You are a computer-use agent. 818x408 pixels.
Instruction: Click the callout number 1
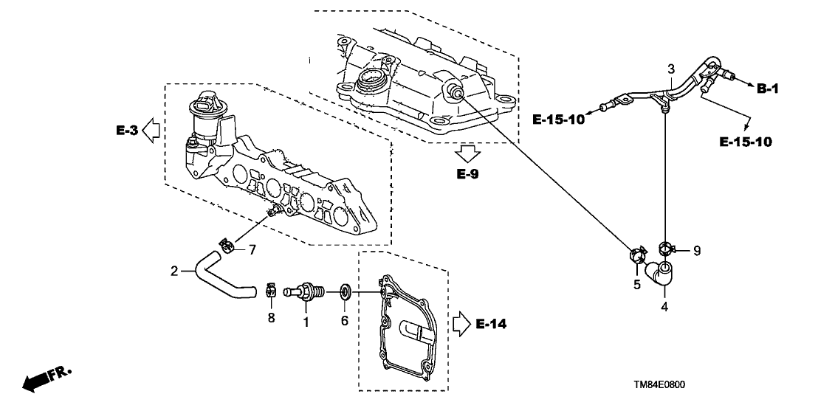305,322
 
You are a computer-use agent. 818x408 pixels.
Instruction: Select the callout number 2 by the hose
174,272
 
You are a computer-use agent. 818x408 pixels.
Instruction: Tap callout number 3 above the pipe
671,69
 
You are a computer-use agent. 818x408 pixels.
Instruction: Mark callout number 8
272,319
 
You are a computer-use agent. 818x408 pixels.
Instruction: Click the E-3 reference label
127,131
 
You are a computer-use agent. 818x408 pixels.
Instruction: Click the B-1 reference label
768,89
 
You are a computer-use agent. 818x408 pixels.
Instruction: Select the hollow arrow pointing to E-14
461,322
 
